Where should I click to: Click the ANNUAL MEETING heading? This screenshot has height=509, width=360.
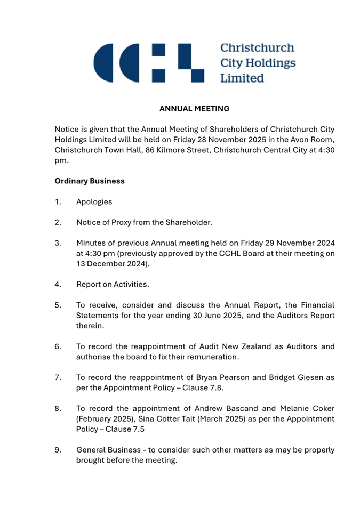(194, 109)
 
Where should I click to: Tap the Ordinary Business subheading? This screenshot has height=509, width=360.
(90, 181)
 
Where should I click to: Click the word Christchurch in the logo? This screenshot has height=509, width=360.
(257, 48)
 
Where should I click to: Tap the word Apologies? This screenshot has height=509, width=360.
(94, 202)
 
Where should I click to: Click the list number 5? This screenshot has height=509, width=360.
(58, 305)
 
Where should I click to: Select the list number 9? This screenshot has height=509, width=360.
(58, 450)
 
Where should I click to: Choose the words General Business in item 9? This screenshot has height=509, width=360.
(108, 450)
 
